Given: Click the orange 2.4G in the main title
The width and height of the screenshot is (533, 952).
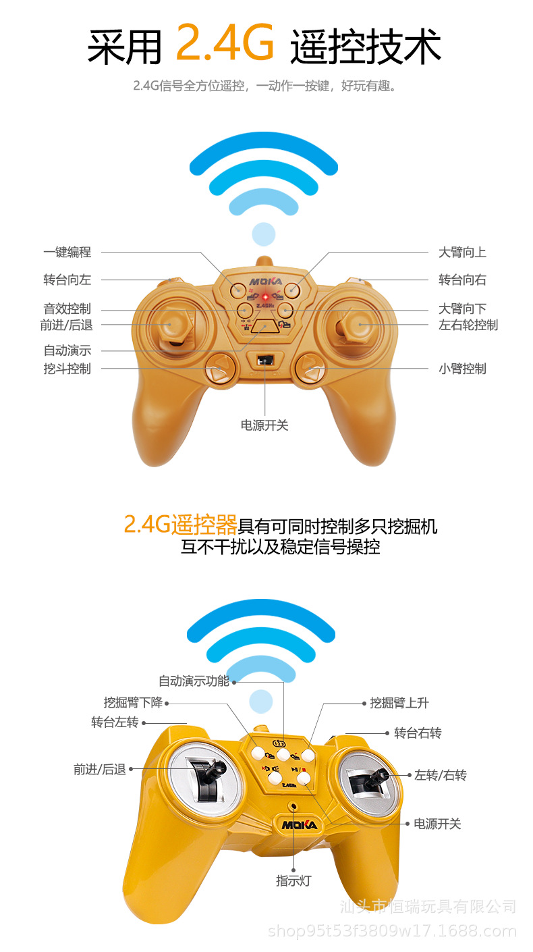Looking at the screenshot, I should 225,43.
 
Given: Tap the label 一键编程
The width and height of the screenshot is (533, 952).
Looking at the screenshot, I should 67,253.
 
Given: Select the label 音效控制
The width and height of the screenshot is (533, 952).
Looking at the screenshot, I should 67,309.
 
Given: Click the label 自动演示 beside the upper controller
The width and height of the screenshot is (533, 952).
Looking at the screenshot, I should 67,350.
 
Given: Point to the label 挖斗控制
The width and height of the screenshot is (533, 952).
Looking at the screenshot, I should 67,369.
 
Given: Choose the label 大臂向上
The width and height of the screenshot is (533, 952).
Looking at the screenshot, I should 462,253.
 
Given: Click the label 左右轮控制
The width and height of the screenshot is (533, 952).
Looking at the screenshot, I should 468,325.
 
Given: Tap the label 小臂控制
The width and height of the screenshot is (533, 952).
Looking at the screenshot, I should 462,369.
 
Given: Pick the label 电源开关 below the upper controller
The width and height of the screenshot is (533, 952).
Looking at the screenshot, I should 264,425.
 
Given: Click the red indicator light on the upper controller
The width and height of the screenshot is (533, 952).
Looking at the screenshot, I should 266,296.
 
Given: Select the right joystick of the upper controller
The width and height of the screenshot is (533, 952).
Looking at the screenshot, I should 356,325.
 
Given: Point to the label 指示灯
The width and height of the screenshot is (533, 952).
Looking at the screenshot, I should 293,880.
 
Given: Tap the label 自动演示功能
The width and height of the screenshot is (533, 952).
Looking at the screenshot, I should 194,681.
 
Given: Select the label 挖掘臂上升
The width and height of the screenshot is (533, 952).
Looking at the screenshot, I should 399,703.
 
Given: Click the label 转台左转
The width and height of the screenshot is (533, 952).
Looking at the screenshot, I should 115,722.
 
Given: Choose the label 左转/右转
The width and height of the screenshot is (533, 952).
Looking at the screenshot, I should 441,775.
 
